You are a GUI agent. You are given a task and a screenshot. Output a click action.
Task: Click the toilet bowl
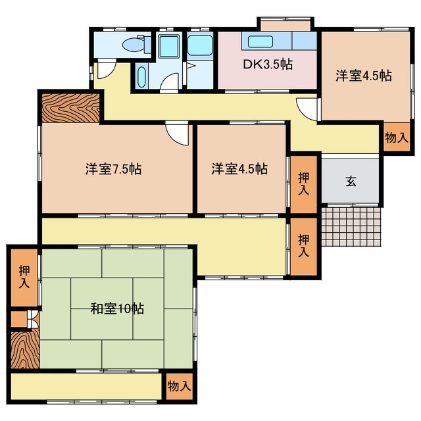pos(134,45)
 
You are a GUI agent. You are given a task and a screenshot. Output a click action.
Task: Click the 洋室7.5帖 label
pos(113,169)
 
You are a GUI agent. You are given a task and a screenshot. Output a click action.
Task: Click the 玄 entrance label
pos(351,182)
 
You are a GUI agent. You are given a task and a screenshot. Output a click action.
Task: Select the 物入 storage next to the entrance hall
pos(397,138)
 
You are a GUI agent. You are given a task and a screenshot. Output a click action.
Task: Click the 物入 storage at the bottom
pos(178,385)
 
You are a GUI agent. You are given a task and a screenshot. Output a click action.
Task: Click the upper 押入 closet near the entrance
pos(304,184)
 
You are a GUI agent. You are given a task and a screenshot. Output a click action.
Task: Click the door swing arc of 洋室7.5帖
pos(176,134)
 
